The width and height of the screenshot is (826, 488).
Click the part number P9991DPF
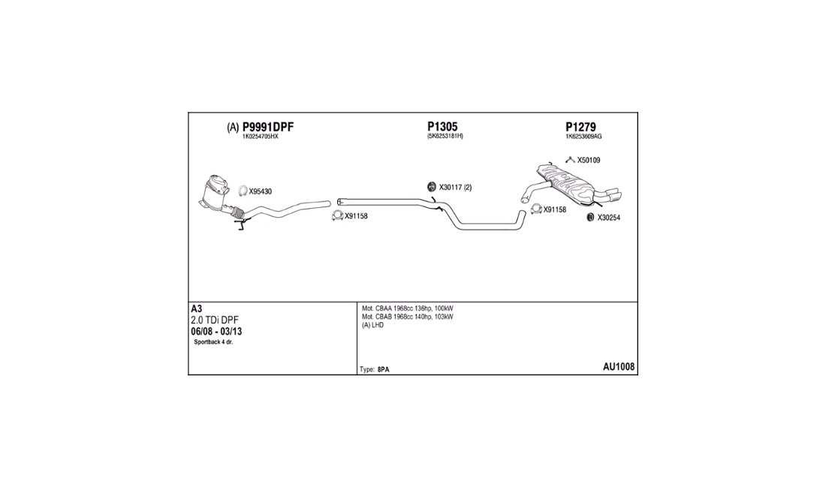(x=267, y=127)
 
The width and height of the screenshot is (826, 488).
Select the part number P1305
(x=442, y=127)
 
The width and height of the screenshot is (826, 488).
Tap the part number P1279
(x=580, y=127)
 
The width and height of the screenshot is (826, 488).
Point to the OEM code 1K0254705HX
(x=260, y=137)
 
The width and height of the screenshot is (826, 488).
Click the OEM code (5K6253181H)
(x=445, y=137)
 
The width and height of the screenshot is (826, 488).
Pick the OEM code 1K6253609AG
(x=583, y=137)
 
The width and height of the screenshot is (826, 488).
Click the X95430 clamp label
(x=261, y=191)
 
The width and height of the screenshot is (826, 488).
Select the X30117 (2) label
(x=455, y=188)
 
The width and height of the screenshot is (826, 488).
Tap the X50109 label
(x=589, y=160)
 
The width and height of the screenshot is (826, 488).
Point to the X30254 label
(x=608, y=218)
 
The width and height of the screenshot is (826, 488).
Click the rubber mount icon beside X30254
(x=590, y=218)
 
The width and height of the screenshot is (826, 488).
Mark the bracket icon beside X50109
(x=570, y=159)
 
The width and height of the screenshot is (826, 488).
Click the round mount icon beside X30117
(x=431, y=187)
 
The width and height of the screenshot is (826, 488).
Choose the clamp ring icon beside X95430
(x=243, y=191)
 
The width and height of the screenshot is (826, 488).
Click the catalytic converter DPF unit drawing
(x=216, y=193)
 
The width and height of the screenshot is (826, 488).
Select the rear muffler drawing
(x=571, y=184)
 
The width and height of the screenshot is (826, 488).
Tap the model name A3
(x=197, y=309)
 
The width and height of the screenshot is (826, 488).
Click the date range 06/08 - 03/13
(x=216, y=332)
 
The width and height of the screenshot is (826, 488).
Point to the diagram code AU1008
(x=619, y=367)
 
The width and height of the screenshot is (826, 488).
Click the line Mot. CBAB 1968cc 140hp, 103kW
(x=407, y=317)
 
